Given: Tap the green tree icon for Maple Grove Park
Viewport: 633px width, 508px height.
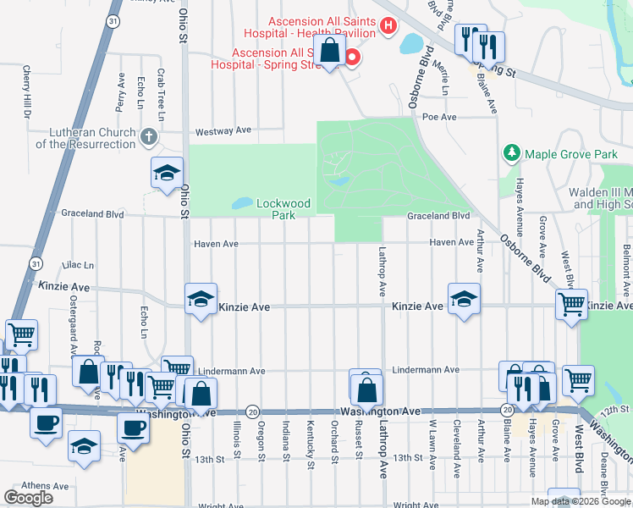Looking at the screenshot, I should click(x=511, y=153).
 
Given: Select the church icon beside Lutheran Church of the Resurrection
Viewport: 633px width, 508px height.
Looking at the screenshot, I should click(x=148, y=136).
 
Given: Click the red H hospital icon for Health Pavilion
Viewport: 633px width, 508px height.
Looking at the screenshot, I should click(x=388, y=26).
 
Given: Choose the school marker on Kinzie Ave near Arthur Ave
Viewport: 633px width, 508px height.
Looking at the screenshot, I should click(x=464, y=300).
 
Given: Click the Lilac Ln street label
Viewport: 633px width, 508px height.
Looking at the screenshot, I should click(x=77, y=265).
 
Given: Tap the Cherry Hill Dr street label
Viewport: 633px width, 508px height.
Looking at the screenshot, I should click(x=27, y=91).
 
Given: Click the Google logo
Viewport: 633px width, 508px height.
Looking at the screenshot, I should click(x=28, y=498).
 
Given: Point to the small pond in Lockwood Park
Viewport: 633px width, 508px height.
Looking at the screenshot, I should click(x=240, y=203).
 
